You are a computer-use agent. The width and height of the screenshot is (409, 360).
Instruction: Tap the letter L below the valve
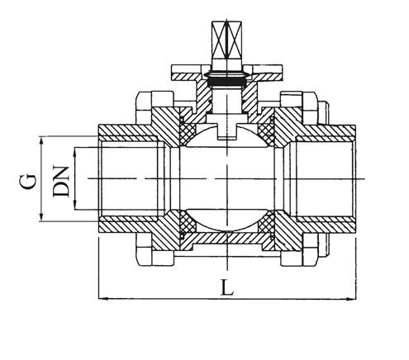(x=228, y=288)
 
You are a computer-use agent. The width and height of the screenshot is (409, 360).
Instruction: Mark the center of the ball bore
(x=227, y=178)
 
